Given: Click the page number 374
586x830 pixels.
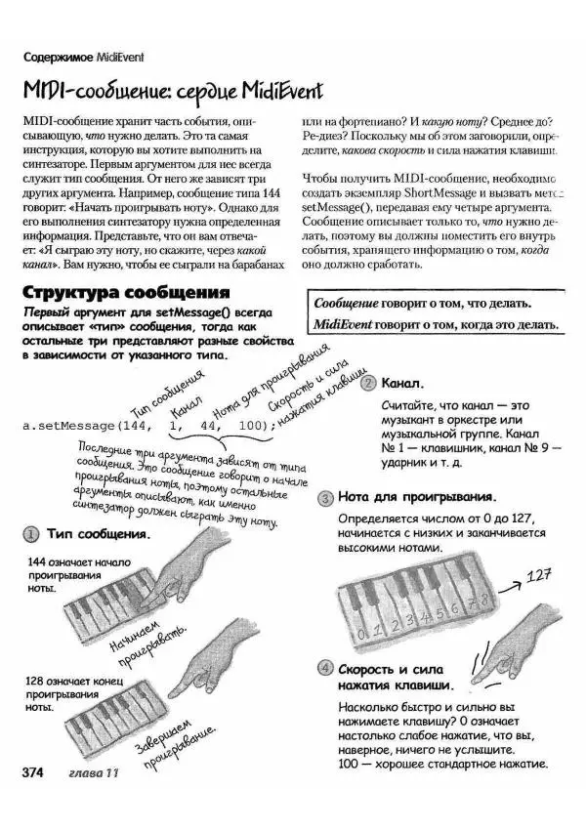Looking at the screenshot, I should (x=33, y=772).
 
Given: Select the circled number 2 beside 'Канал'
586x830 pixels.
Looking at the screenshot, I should (x=368, y=384).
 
